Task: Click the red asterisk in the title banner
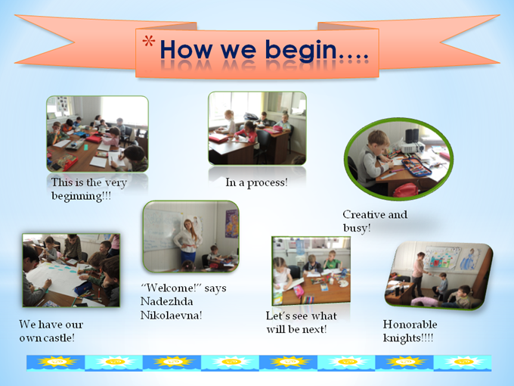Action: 148,41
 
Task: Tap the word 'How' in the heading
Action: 186,49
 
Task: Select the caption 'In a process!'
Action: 256,182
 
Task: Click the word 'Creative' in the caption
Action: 364,215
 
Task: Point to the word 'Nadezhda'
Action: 166,302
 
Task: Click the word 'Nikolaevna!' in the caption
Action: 171,316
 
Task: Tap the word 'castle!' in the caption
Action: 57,338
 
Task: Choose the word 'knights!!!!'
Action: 408,338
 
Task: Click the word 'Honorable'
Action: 410,324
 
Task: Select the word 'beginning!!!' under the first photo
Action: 81,196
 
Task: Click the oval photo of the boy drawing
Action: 398,159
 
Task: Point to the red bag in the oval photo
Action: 405,191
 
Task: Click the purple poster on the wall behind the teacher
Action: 231,223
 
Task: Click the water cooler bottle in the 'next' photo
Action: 300,246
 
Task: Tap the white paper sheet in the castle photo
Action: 56,279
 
